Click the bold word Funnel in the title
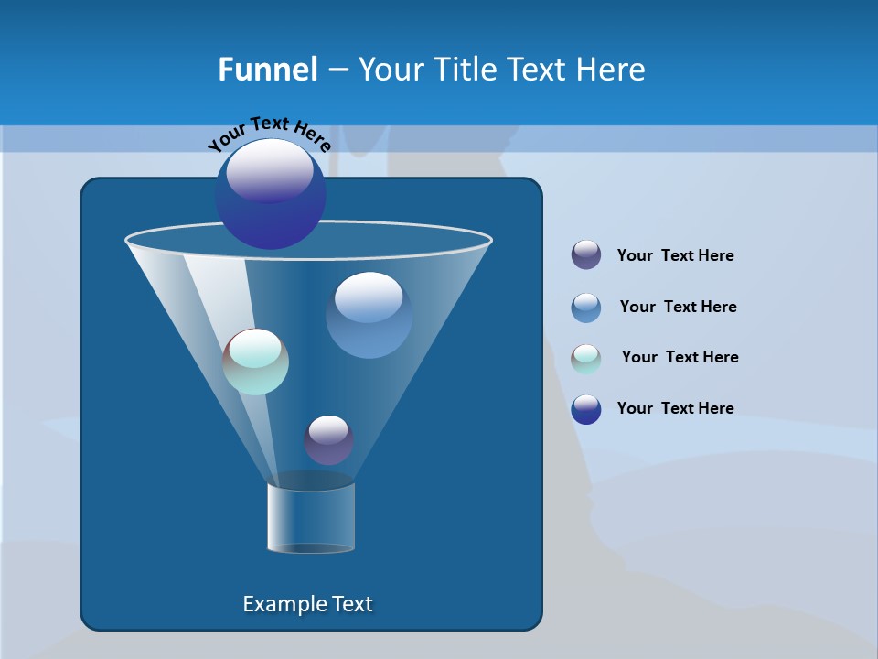267,70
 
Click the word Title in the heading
464,70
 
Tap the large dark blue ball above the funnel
271,197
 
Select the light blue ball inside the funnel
369,315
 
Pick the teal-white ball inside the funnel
256,362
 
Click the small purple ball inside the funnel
328,439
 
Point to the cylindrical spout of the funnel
311,517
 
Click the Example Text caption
308,604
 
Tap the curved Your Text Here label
270,134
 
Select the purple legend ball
586,255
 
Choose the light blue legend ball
586,308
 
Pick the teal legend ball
586,359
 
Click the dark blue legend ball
586,409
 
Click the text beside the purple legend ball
675,256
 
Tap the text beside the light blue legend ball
678,308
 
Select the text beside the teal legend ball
680,358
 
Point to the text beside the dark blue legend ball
675,409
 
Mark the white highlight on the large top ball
270,170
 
